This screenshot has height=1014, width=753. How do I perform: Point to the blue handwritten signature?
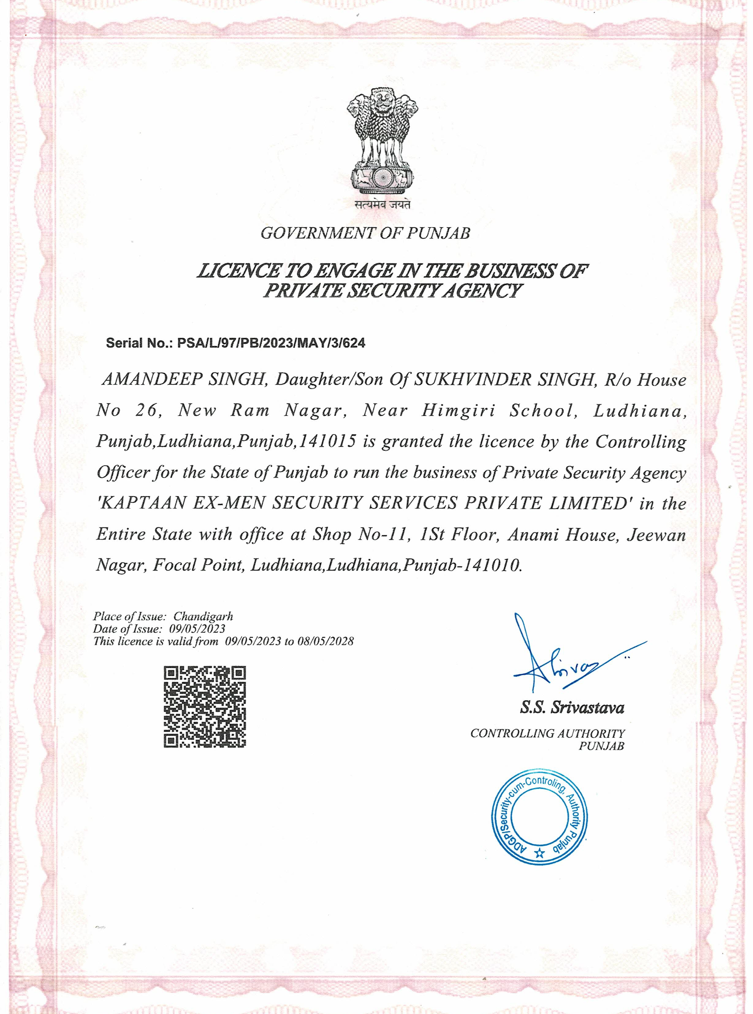tap(565, 659)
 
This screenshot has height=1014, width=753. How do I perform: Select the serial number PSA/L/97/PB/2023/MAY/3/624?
tap(271, 343)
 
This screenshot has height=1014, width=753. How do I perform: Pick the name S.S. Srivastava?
tap(572, 708)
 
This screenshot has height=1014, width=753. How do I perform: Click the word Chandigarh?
tap(203, 616)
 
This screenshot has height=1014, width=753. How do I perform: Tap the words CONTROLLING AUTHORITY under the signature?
tap(548, 734)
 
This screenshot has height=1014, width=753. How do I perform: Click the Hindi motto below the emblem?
tap(382, 205)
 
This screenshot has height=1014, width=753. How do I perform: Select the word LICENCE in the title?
tap(238, 272)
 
